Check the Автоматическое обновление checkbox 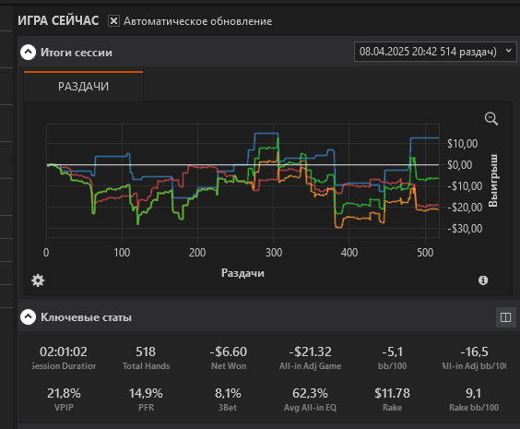coord(113,21)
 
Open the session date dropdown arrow coord(508,51)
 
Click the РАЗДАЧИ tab coord(83,87)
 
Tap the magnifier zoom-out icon coord(491,119)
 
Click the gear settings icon coord(38,280)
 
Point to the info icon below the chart coord(483,280)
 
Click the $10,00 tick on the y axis coord(463,144)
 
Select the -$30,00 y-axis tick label coord(465,229)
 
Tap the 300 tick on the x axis coord(274,253)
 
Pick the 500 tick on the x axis coord(425,253)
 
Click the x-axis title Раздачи coord(242,273)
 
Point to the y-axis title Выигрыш coord(493,181)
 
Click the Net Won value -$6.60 coord(229,352)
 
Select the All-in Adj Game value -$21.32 coord(310,352)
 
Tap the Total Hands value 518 coord(146,352)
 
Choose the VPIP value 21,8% coord(64,394)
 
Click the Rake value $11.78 coord(393,394)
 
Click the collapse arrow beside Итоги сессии coord(29,52)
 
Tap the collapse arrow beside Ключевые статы coord(29,316)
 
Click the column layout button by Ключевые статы coord(506,317)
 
